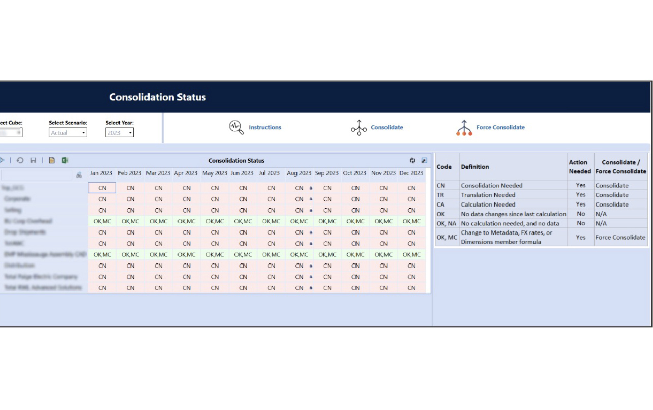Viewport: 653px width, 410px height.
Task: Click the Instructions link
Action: coord(264,127)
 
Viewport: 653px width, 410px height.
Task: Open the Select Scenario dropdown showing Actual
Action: coord(68,133)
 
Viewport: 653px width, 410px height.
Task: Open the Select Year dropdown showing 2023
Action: coord(120,133)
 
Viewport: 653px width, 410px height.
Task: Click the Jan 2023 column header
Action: coord(101,173)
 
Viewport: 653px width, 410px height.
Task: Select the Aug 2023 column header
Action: coord(299,173)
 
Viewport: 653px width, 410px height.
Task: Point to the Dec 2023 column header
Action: coord(411,173)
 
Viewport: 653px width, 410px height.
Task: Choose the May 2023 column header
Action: coord(215,173)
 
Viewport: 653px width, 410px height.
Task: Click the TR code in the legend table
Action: coord(440,195)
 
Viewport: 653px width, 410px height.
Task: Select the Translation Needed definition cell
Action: coord(488,195)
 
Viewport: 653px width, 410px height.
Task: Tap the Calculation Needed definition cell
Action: coord(488,204)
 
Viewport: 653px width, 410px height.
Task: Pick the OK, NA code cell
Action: coord(447,223)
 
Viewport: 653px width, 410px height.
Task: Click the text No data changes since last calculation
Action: coord(513,214)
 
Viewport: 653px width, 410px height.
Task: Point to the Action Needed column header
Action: coord(580,167)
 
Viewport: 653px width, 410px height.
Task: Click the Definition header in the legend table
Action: coord(475,167)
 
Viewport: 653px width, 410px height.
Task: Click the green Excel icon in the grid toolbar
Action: coord(65,160)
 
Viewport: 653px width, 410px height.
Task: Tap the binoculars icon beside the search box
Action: coord(79,175)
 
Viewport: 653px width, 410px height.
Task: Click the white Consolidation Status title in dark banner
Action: coord(158,97)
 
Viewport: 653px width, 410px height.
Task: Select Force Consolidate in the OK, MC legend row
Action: coord(620,237)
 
